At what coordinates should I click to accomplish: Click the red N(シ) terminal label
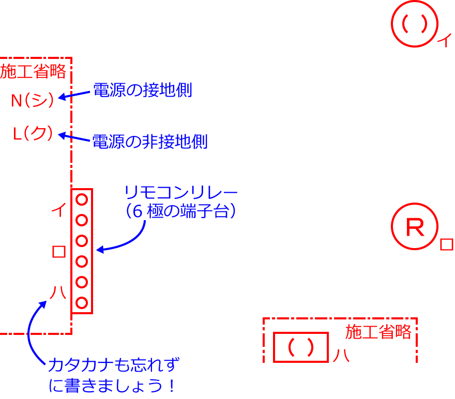[33, 100]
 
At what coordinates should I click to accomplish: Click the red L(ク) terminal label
[34, 134]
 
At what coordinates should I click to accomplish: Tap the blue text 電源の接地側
[142, 90]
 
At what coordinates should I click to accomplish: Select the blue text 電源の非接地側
[150, 142]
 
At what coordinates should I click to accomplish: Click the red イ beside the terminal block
[58, 211]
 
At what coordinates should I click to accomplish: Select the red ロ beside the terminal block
[59, 252]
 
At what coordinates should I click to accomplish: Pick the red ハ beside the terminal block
[58, 293]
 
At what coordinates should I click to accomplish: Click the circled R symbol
[415, 227]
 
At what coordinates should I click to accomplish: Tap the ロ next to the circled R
[446, 244]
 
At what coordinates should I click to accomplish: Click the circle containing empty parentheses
[415, 23]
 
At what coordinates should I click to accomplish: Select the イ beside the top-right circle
[444, 40]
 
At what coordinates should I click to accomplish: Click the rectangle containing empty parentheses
[301, 347]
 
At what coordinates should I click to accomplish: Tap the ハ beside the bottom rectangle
[341, 356]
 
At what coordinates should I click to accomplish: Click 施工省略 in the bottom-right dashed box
[378, 332]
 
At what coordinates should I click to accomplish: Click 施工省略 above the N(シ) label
[34, 72]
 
